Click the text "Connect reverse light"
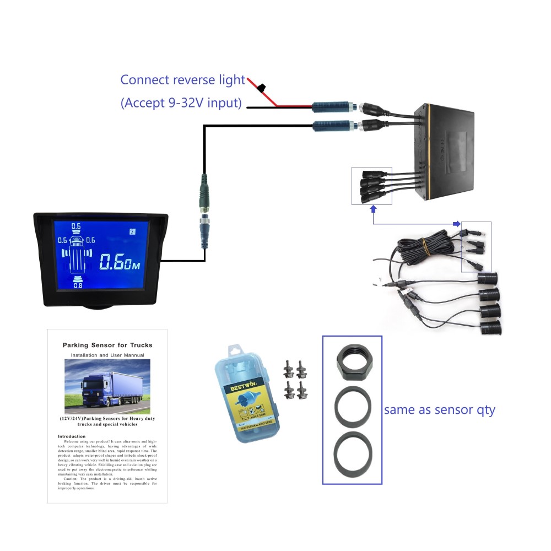[x=183, y=80]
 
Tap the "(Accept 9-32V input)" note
[x=181, y=103]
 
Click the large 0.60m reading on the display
[x=120, y=262]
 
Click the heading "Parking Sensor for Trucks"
[x=107, y=345]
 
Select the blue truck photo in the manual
[x=107, y=386]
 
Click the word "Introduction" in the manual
[x=72, y=436]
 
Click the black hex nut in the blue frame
[x=352, y=364]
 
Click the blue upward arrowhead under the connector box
[x=373, y=209]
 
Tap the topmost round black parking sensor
[x=488, y=277]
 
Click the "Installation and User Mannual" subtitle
[x=107, y=355]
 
